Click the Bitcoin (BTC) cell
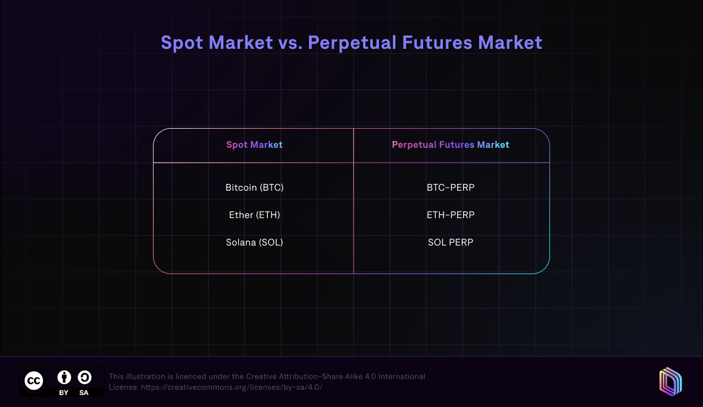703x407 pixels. pyautogui.click(x=254, y=188)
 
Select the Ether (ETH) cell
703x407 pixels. pyautogui.click(x=254, y=215)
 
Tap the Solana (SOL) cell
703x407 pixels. pyautogui.click(x=254, y=243)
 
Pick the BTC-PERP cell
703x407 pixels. pyautogui.click(x=451, y=188)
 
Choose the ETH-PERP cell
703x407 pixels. pyautogui.click(x=451, y=215)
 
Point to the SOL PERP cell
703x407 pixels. pyautogui.click(x=451, y=243)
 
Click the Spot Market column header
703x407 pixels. pyautogui.click(x=254, y=145)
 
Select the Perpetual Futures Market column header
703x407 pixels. pyautogui.click(x=451, y=145)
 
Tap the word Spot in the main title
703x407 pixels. pyautogui.click(x=183, y=43)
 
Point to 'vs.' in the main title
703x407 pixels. pyautogui.click(x=285, y=43)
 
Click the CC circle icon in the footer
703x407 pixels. pyautogui.click(x=33, y=381)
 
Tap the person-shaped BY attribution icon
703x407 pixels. pyautogui.click(x=64, y=377)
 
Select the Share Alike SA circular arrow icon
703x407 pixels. pyautogui.click(x=84, y=377)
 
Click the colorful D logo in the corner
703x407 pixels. pyautogui.click(x=670, y=381)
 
